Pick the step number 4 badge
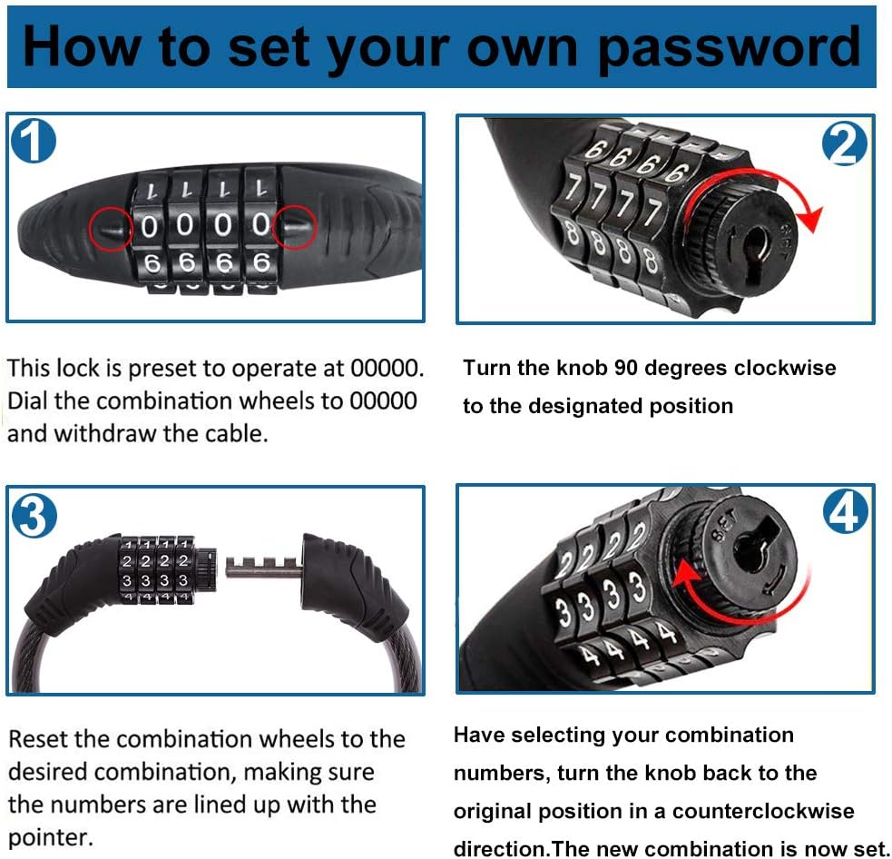pyautogui.click(x=846, y=514)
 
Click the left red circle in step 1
pyautogui.click(x=112, y=228)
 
